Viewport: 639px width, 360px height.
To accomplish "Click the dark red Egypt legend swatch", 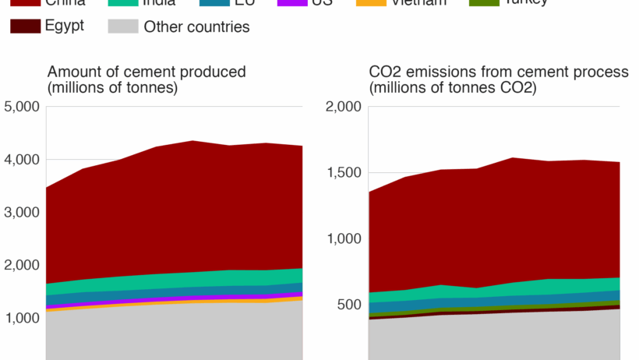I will point(26,26).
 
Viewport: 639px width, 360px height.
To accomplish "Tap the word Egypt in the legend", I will point(65,26).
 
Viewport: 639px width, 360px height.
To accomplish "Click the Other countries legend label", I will point(196,27).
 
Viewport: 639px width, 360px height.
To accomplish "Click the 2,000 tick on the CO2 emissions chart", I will point(343,107).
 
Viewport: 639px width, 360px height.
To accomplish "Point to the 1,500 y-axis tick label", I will point(343,173).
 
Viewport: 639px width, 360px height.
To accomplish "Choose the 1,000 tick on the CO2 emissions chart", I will point(343,239).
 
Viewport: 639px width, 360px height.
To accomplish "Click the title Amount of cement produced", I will point(147,72).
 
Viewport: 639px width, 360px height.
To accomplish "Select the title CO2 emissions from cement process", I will point(499,72).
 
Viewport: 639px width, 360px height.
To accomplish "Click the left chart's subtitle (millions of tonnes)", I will point(113,88).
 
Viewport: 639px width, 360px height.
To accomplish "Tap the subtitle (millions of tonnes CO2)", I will point(453,88).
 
